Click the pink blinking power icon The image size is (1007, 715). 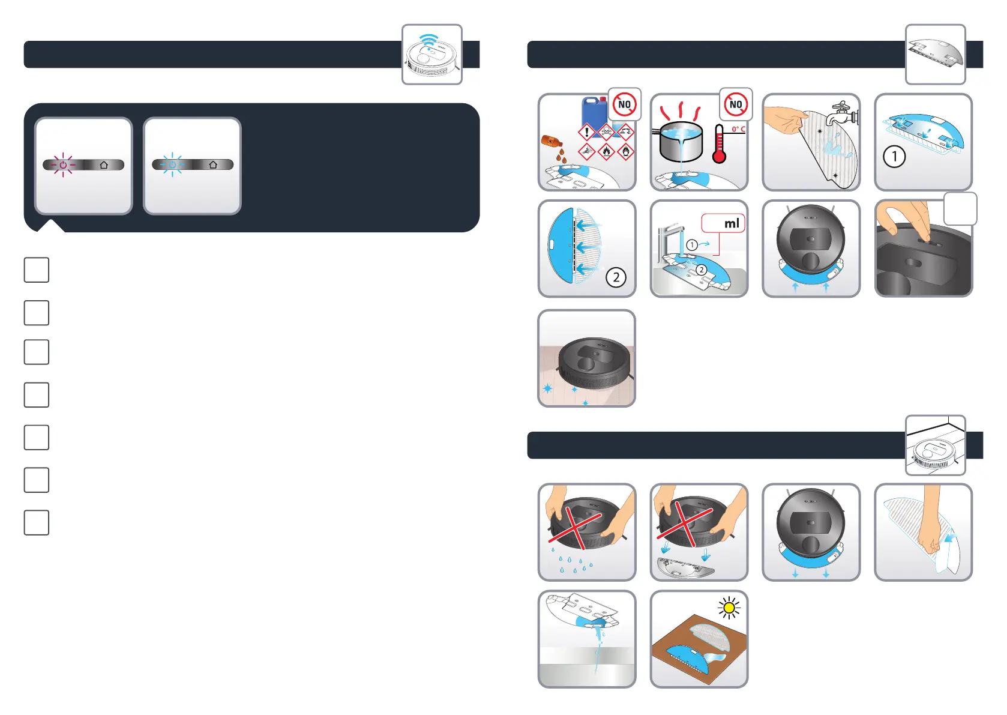63,164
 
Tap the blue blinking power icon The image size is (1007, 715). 172,164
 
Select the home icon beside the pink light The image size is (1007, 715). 104,164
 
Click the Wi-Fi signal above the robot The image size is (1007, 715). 428,40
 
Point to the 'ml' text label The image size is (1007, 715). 732,223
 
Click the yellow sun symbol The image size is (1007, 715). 729,608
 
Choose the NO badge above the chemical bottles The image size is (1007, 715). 624,104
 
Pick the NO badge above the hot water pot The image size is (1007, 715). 736,104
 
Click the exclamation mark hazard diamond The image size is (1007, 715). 586,132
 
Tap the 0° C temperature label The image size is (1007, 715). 738,129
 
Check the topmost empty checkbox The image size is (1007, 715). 37,270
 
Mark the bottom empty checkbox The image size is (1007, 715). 37,522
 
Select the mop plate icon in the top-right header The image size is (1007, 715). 935,53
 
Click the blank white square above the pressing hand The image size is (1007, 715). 960,208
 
